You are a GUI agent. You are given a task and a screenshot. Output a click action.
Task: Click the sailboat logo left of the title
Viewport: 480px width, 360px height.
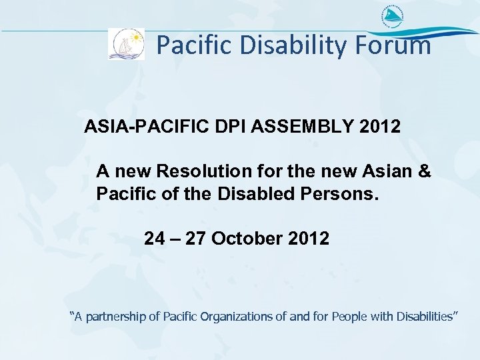tap(126, 44)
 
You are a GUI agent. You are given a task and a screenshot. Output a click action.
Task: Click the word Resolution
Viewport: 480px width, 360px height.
tap(204, 171)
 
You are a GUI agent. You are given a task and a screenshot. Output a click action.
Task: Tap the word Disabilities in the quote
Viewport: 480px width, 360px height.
tap(423, 316)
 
